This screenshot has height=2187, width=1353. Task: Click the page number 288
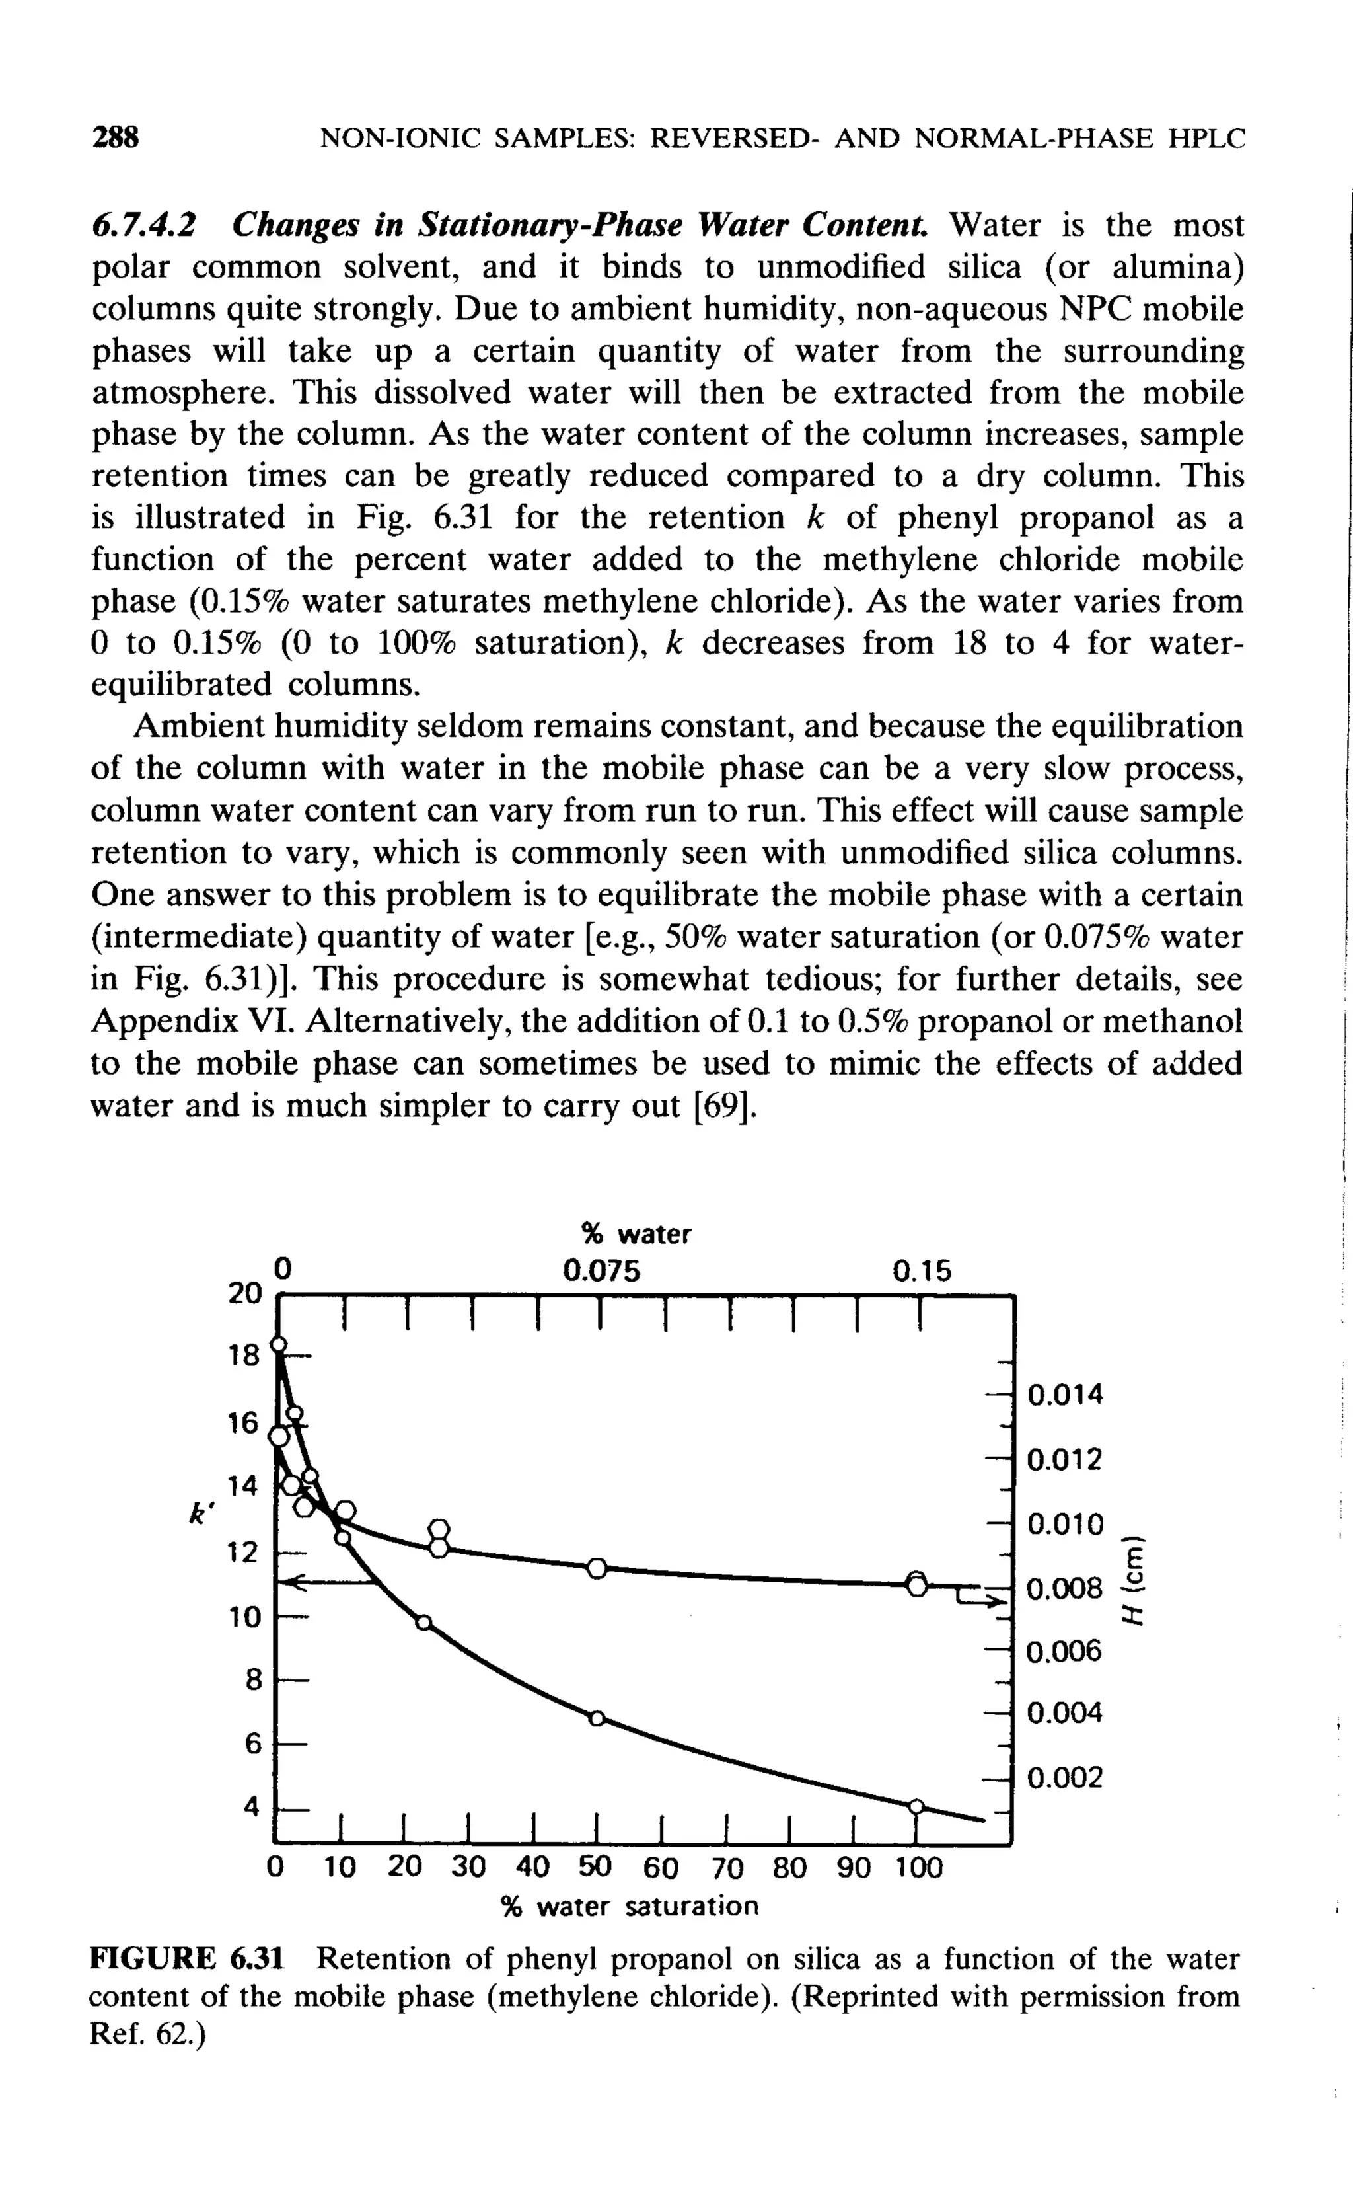point(116,138)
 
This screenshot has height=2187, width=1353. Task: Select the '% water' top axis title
point(636,1235)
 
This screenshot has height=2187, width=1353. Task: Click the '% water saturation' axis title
point(629,1906)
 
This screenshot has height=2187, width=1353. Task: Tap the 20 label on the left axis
point(243,1293)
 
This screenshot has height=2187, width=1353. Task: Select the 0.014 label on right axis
point(1066,1395)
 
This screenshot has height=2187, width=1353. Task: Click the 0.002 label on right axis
point(1066,1777)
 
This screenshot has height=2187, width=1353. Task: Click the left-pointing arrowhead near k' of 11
point(295,1584)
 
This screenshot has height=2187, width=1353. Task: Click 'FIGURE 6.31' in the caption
point(187,1959)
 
